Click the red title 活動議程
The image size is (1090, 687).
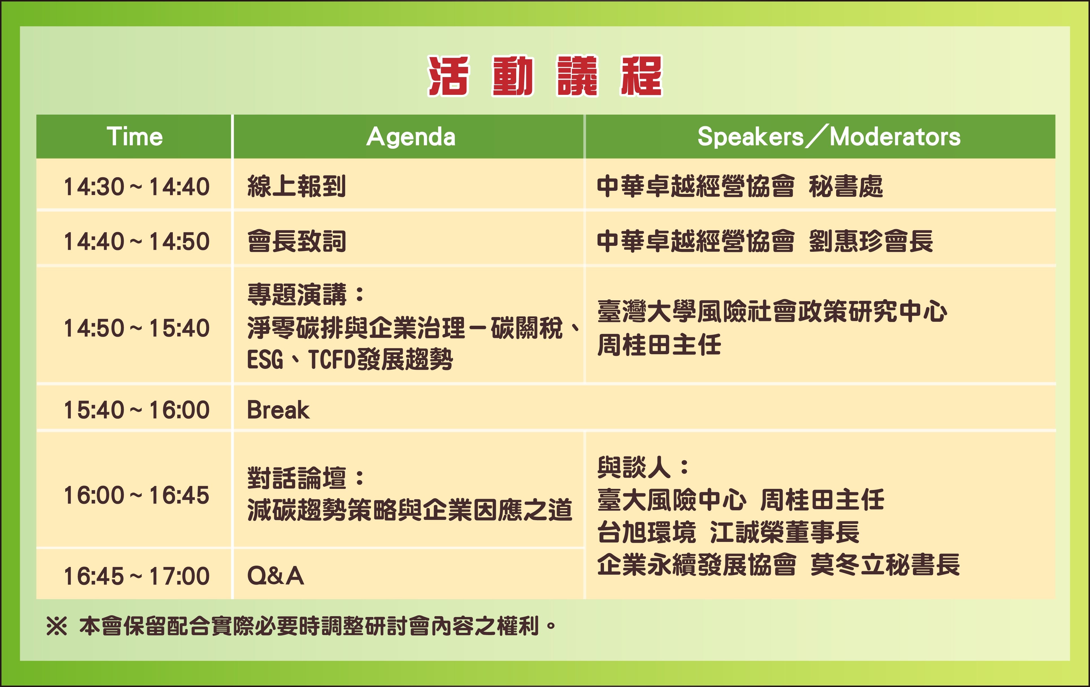click(x=545, y=76)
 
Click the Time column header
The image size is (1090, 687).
click(x=134, y=136)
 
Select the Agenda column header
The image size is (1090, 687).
click(x=411, y=137)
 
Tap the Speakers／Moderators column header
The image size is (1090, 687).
click(x=829, y=136)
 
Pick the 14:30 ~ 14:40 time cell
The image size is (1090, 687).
click(x=136, y=187)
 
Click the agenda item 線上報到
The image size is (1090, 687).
click(x=297, y=187)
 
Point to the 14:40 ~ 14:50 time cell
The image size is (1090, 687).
click(x=136, y=241)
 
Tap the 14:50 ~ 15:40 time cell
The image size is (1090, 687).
click(x=136, y=328)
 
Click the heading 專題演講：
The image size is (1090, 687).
click(x=306, y=295)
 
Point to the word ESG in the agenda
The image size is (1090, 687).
click(x=265, y=360)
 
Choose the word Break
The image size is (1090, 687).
click(x=278, y=410)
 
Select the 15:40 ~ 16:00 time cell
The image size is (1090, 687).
click(x=136, y=410)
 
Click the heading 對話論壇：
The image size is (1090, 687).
click(x=306, y=478)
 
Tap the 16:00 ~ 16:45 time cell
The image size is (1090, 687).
click(x=136, y=495)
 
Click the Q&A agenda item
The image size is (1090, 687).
click(x=275, y=576)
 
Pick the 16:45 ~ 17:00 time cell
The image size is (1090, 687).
click(x=136, y=576)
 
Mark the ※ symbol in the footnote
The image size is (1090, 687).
click(x=56, y=626)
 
